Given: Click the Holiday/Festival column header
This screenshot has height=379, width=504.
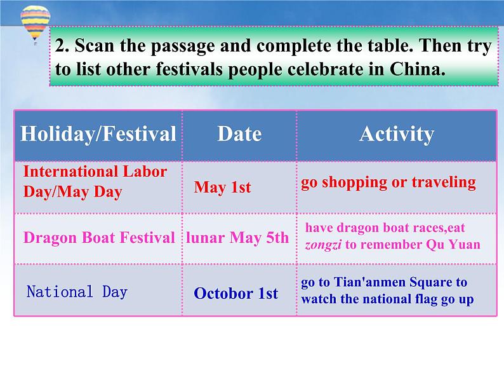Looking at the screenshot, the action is (98, 134).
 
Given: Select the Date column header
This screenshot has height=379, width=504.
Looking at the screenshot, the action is (239, 134).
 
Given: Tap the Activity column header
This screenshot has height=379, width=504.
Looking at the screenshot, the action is (397, 134).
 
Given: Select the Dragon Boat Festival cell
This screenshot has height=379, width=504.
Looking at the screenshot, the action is (99, 238).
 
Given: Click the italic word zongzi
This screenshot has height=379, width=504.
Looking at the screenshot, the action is (323, 245).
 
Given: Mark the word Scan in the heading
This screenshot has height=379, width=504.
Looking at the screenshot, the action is (95, 45).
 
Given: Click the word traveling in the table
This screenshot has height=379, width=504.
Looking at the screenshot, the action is (444, 183).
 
